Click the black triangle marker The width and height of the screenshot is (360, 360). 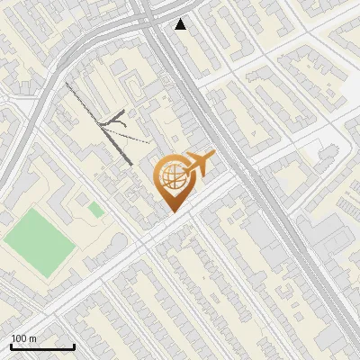click(181, 24)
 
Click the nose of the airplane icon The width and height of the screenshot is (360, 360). click(213, 155)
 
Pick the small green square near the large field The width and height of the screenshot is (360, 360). click(95, 210)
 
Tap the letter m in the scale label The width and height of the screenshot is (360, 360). click(32, 338)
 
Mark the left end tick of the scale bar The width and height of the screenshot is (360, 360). click(11, 346)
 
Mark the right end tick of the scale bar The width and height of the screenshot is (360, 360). click(74, 346)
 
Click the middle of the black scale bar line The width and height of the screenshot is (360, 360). click(42, 347)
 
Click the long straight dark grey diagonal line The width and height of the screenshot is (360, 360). click(99, 123)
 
